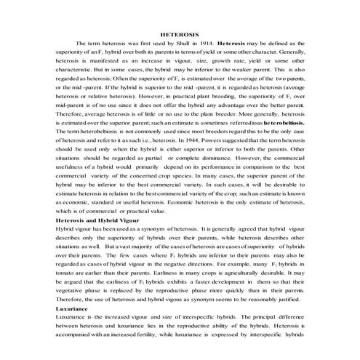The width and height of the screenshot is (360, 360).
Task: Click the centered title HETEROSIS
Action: pyautogui.click(x=180, y=34)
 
